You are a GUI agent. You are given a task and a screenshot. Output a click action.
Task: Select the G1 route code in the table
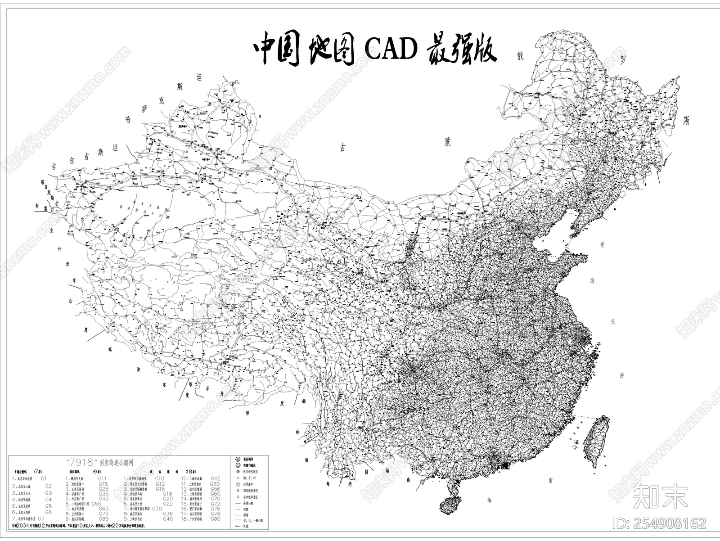pos(44,478)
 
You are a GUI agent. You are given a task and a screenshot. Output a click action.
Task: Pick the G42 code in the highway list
pos(215,478)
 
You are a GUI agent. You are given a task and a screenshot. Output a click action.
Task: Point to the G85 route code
pos(103,519)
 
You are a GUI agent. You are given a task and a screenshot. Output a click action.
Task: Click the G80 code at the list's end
pos(215,519)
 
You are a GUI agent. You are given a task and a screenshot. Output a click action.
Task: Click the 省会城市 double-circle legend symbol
pos(237,458)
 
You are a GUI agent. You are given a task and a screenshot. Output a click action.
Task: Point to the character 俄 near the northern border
pos(521,55)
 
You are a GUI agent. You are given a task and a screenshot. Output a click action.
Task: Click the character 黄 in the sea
pos(602,245)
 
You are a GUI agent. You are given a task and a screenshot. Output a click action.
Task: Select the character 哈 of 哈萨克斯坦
pos(130,120)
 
